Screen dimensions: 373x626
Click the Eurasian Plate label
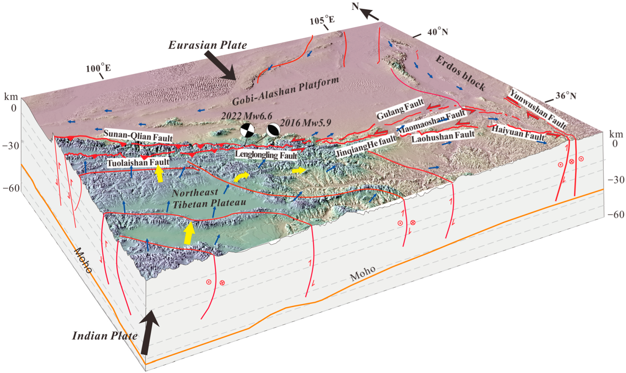click(208, 45)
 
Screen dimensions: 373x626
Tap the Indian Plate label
click(105, 336)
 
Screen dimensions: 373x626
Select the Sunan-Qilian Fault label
click(138, 136)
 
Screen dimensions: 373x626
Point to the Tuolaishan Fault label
click(138, 163)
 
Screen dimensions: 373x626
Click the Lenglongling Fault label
click(266, 155)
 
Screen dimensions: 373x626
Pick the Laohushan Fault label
click(443, 136)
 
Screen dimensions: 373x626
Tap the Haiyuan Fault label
click(518, 132)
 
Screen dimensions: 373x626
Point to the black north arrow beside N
click(370, 15)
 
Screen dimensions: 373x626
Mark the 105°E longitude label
click(322, 20)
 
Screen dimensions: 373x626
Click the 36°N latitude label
click(566, 96)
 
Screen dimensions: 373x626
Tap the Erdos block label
click(460, 73)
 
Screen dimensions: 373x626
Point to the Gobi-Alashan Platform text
click(286, 91)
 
